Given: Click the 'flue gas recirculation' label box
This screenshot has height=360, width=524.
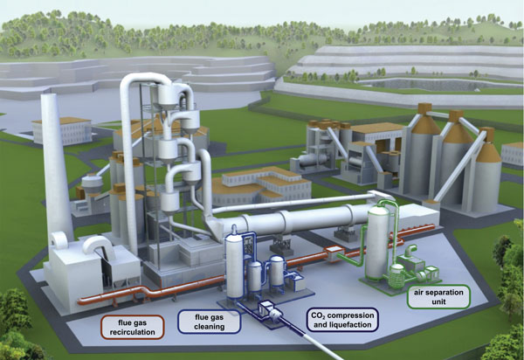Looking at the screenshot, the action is click(x=133, y=328).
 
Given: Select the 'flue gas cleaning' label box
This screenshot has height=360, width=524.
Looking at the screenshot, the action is click(x=210, y=322).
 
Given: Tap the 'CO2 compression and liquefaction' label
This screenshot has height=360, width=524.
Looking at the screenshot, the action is click(x=342, y=320).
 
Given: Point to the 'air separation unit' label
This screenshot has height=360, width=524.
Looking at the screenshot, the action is click(x=438, y=297).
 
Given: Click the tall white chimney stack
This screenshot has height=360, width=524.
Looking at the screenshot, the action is click(x=56, y=167).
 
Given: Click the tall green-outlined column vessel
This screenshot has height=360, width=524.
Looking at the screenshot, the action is click(x=378, y=240).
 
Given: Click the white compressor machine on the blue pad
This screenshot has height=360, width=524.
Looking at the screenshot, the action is click(x=270, y=310).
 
